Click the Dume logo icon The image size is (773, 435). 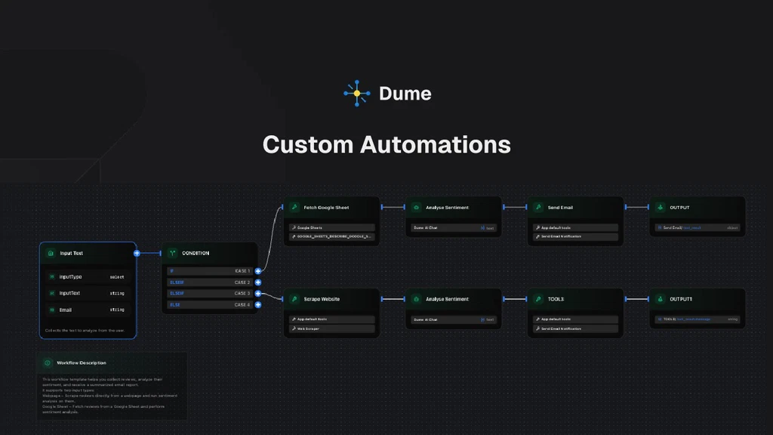(356, 93)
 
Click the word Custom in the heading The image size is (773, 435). (306, 144)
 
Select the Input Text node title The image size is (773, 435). (71, 254)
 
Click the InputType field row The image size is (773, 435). (88, 277)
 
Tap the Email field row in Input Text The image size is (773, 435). (88, 310)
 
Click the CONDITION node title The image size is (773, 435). (196, 254)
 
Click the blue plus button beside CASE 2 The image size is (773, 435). (258, 282)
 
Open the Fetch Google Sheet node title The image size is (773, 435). (326, 208)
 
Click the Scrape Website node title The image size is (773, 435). (322, 299)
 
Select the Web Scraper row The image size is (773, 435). (331, 329)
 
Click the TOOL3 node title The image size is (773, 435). (556, 299)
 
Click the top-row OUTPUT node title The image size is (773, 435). (679, 208)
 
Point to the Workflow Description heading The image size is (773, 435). (82, 363)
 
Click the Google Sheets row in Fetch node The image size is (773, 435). (331, 227)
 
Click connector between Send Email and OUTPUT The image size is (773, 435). (636, 207)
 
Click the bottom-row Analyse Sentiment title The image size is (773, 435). (447, 299)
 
